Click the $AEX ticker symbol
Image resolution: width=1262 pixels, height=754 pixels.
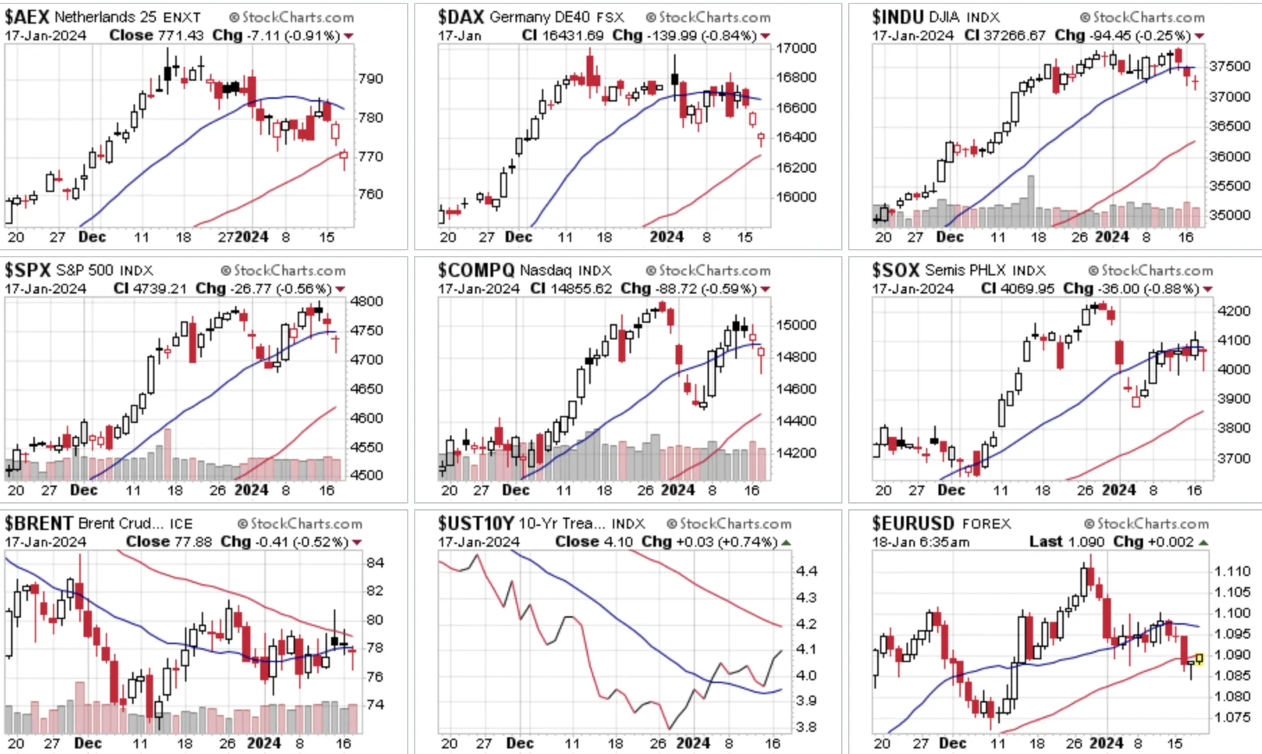pyautogui.click(x=27, y=17)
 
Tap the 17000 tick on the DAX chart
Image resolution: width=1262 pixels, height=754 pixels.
pyautogui.click(x=796, y=48)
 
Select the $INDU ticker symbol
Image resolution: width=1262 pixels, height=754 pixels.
pyautogui.click(x=897, y=17)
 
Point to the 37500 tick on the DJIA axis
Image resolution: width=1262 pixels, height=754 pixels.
pyautogui.click(x=1229, y=66)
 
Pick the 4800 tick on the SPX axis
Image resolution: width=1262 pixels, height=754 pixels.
pyautogui.click(x=367, y=301)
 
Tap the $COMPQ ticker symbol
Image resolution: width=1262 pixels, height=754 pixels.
pyautogui.click(x=476, y=270)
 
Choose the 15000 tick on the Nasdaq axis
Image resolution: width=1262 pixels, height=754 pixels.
pyautogui.click(x=796, y=325)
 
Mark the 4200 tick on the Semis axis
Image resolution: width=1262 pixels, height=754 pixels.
pyautogui.click(x=1234, y=311)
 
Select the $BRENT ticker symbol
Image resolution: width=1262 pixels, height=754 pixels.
pyautogui.click(x=39, y=523)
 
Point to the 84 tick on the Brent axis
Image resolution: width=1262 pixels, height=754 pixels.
pyautogui.click(x=375, y=562)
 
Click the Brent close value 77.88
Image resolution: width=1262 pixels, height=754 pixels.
pyautogui.click(x=197, y=541)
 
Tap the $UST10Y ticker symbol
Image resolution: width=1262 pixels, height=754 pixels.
pyautogui.click(x=476, y=523)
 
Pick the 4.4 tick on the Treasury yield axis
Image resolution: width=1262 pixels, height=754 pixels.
pyautogui.click(x=806, y=571)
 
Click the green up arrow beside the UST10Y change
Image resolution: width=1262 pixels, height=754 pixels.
pyautogui.click(x=786, y=542)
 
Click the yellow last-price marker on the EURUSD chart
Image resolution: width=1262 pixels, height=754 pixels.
pyautogui.click(x=1199, y=658)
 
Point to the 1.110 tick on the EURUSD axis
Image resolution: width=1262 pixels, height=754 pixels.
pyautogui.click(x=1232, y=571)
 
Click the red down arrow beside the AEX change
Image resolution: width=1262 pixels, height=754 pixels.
pyautogui.click(x=349, y=35)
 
